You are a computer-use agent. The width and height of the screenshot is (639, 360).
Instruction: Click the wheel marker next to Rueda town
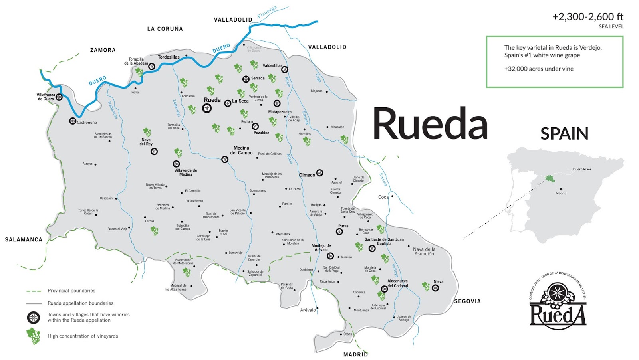207,108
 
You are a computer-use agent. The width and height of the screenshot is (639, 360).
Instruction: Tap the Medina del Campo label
241,150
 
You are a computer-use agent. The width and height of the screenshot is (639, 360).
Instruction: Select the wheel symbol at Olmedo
319,173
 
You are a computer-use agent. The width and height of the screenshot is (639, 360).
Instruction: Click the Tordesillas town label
169,57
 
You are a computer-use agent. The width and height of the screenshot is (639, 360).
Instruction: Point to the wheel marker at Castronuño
73,121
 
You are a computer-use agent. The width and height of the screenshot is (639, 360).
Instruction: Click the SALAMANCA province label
24,239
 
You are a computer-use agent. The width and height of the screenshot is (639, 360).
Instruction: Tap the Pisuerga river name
267,12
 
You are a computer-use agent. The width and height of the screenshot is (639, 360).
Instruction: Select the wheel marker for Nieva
435,288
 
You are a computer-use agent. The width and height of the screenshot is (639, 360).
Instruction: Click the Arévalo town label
308,310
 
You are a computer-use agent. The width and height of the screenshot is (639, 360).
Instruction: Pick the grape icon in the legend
33,336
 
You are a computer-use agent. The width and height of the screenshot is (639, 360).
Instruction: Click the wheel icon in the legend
34,318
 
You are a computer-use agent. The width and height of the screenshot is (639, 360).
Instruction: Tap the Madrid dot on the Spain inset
561,189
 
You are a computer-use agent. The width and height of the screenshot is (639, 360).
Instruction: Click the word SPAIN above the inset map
564,134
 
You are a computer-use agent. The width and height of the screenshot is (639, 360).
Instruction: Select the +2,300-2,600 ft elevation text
587,17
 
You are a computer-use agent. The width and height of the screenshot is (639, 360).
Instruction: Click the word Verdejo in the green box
590,47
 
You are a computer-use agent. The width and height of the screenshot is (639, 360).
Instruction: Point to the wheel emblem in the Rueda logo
557,293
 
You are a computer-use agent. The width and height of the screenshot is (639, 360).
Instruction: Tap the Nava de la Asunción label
424,251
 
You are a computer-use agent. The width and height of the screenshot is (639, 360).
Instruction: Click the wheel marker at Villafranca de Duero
59,97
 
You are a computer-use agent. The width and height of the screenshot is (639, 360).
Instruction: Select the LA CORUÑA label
165,29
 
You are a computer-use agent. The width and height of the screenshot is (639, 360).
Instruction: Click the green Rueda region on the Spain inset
550,178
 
